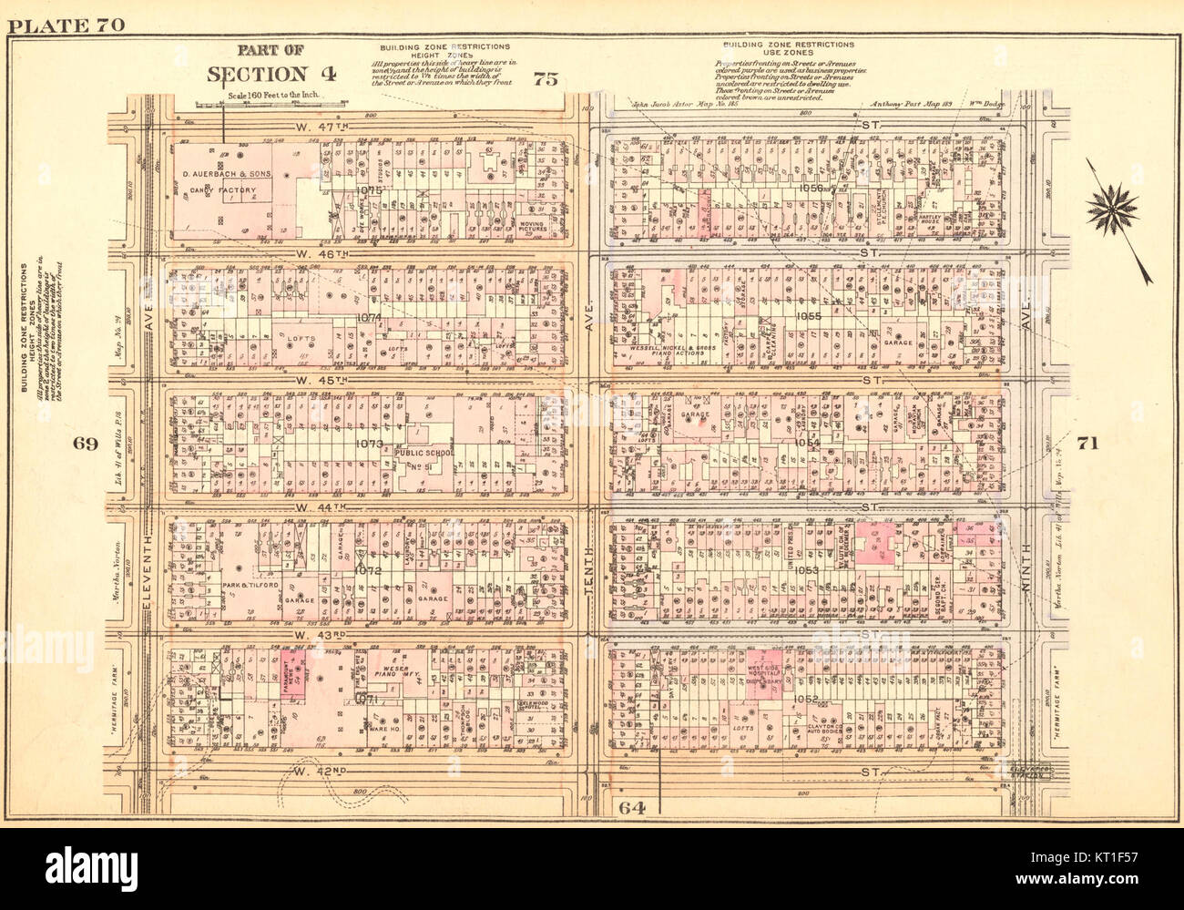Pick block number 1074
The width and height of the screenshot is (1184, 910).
point(370,317)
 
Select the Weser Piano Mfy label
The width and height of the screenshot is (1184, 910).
point(393,674)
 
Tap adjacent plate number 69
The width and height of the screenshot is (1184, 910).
point(86,444)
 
